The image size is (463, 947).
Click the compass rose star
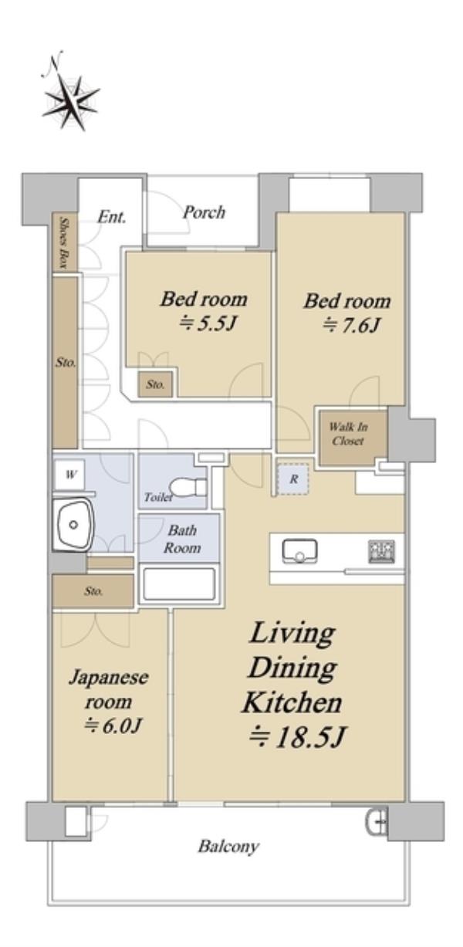(x=70, y=103)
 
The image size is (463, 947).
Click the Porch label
(x=204, y=211)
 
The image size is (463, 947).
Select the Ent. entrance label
(x=112, y=217)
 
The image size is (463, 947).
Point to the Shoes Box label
(x=65, y=242)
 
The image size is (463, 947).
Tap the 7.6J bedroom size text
(x=352, y=326)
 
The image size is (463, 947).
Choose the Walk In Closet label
(x=348, y=434)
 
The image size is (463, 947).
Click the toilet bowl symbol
(x=188, y=487)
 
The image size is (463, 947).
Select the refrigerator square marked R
(x=292, y=479)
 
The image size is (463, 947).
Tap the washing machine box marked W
(x=69, y=475)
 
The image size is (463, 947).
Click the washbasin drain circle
(x=73, y=525)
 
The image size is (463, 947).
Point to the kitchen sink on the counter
(x=299, y=551)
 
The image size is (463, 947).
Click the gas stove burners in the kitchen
(x=381, y=551)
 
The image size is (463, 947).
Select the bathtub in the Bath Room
(x=179, y=583)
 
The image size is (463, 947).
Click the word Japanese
(x=109, y=678)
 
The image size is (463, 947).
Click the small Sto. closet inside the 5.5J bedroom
(x=155, y=384)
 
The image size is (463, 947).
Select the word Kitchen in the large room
(x=292, y=702)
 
